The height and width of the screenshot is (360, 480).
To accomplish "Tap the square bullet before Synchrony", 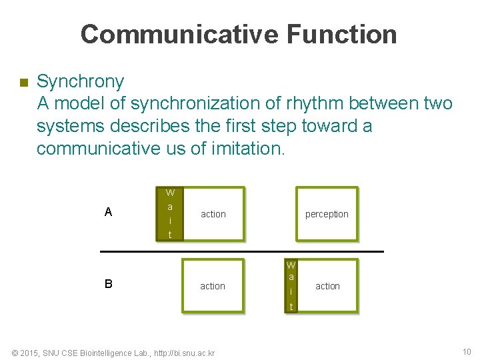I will click(23, 83).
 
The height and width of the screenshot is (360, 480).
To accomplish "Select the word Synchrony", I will click(80, 82).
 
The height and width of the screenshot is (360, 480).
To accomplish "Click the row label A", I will click(108, 213).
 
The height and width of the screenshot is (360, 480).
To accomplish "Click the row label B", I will click(108, 283).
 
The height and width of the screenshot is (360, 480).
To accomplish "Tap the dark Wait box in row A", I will click(170, 213).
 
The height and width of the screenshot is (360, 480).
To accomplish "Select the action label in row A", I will click(213, 214).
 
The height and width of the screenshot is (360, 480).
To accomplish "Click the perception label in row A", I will click(327, 214).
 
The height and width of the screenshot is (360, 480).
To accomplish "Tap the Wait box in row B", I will click(291, 286).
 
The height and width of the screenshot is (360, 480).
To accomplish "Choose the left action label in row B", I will click(213, 286).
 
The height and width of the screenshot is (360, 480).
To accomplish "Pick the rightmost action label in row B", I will click(327, 286).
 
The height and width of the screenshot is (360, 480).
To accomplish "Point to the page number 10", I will click(466, 352).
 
